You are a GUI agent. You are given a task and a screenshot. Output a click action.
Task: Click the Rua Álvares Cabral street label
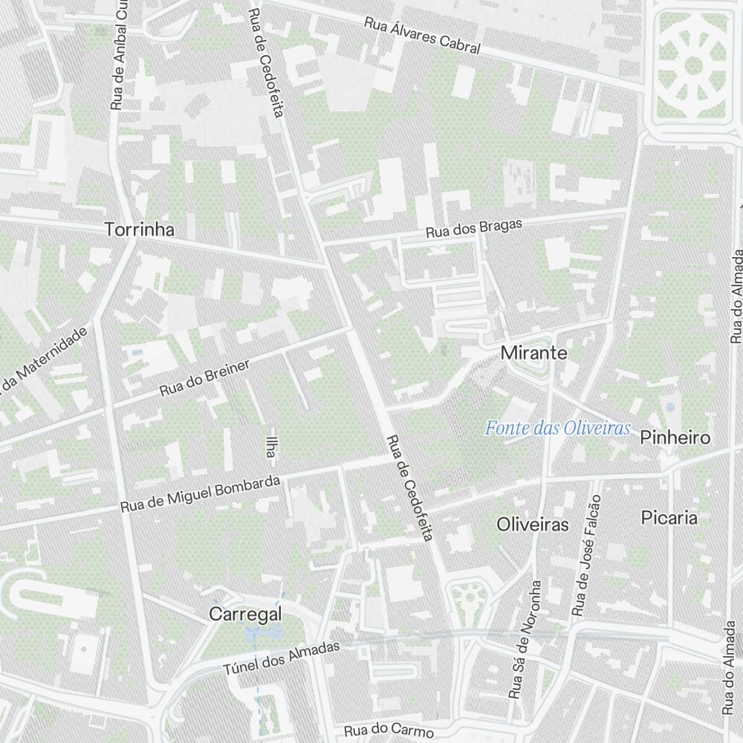[422, 35]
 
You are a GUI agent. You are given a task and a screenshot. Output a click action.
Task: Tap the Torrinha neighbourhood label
[140, 230]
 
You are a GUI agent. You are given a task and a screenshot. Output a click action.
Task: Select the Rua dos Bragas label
[474, 228]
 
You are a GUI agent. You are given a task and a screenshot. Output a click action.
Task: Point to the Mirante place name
[533, 353]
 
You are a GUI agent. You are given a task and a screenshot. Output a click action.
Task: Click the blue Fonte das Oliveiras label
[557, 428]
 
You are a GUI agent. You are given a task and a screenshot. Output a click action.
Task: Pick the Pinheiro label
[675, 437]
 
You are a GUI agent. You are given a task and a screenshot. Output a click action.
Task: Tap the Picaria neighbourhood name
[669, 517]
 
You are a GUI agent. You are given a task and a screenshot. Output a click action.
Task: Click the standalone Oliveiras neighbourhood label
[532, 525]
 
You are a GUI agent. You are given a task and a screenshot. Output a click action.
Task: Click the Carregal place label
[245, 614]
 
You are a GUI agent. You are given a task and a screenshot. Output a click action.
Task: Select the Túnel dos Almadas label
[282, 658]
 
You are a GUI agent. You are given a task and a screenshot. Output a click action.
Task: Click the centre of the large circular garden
[692, 65]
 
